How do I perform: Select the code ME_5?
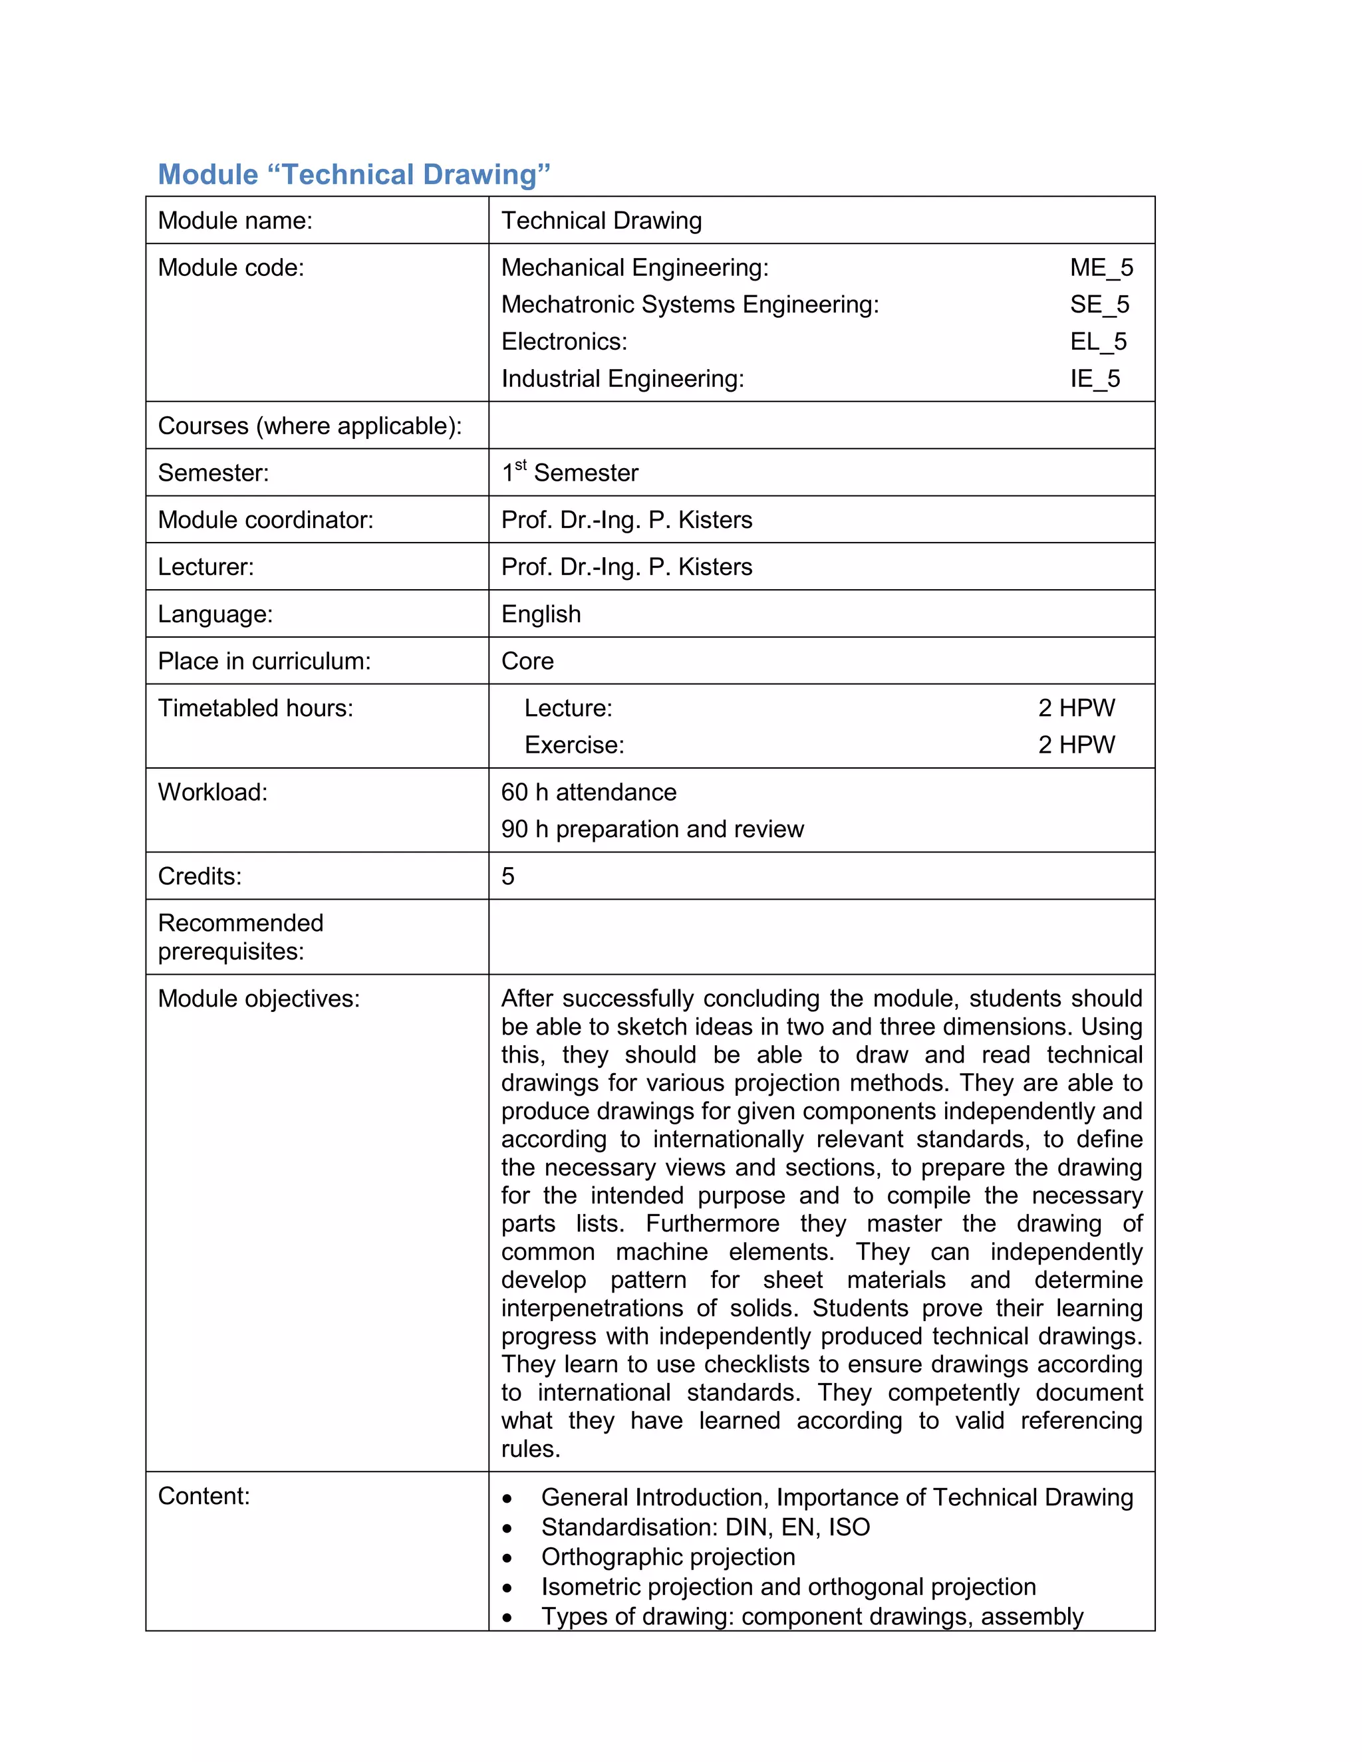tap(1101, 268)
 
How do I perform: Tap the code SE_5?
tap(1099, 305)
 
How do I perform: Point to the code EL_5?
tap(1098, 342)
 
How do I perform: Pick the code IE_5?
tap(1095, 379)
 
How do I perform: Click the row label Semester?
tap(213, 473)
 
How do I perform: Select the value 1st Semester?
tap(570, 473)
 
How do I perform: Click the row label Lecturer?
tap(205, 567)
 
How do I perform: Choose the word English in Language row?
tap(541, 615)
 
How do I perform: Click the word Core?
tap(527, 662)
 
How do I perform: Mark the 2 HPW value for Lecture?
tap(1077, 708)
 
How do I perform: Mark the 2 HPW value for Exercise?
tap(1077, 745)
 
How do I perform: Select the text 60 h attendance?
tap(588, 793)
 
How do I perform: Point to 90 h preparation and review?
tap(652, 829)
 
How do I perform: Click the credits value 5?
tap(507, 876)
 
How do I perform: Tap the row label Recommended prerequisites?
tap(241, 937)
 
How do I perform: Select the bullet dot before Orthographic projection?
tap(507, 1558)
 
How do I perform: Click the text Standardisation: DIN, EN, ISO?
tap(705, 1527)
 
